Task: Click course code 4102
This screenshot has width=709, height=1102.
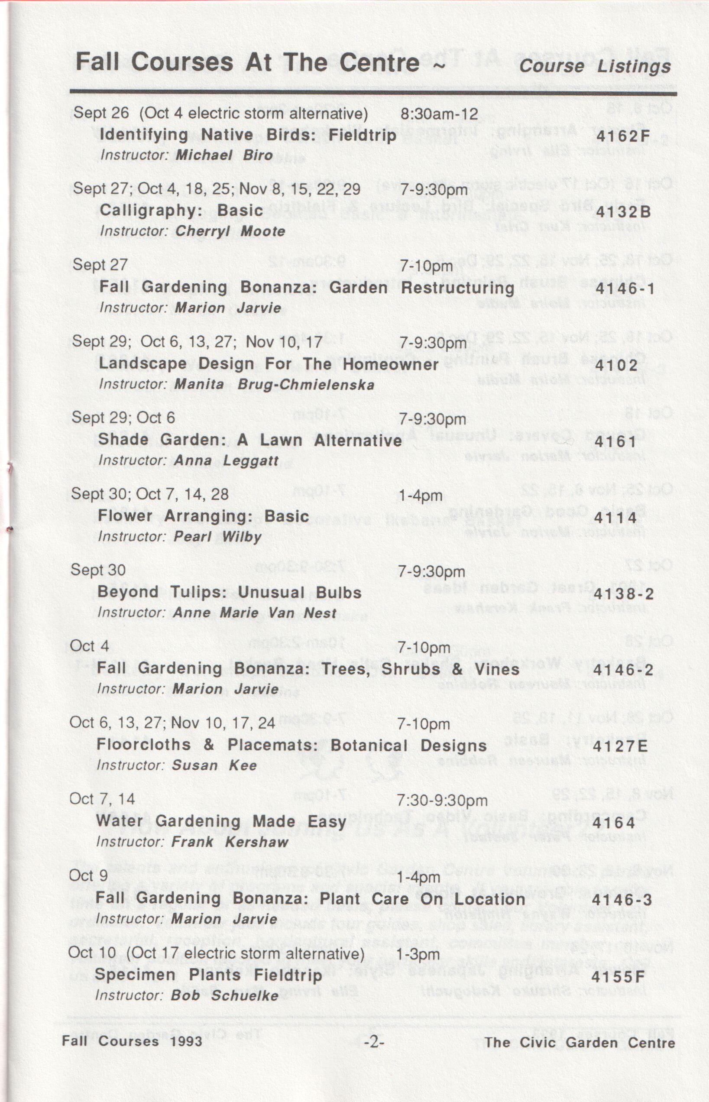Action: pos(616,365)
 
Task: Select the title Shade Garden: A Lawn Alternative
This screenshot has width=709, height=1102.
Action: pos(250,440)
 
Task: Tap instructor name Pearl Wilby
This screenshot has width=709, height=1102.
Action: pos(217,537)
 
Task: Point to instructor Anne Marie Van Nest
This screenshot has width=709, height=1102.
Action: pos(255,613)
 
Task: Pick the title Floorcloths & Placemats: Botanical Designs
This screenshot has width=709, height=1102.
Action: pos(291,745)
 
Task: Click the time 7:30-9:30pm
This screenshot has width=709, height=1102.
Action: pos(441,801)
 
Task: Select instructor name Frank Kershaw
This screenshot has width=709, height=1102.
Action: pos(230,842)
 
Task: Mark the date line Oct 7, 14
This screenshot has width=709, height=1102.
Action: pos(102,799)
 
